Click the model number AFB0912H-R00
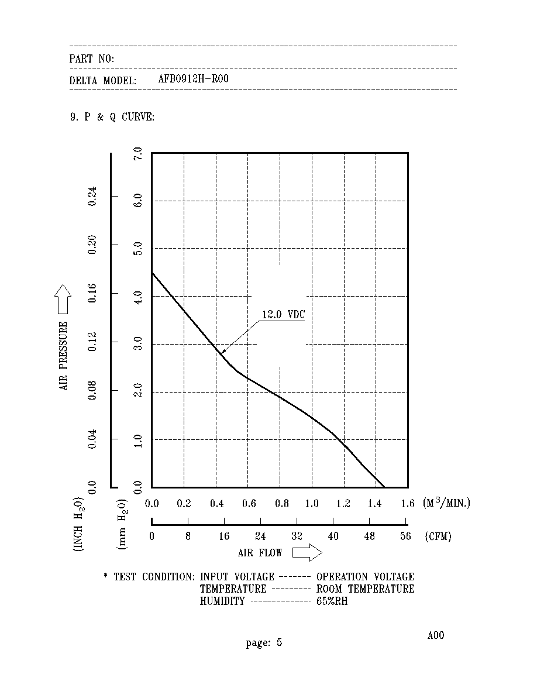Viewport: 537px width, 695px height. (193, 79)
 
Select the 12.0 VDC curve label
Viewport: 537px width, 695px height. (284, 314)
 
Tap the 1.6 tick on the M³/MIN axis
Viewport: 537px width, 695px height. (408, 504)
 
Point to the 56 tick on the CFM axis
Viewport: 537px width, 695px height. (405, 536)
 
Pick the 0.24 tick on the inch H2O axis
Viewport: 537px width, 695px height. (92, 196)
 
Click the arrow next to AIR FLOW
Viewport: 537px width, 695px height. (307, 553)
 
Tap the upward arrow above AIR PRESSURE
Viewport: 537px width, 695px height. (63, 299)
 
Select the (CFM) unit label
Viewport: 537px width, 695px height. (438, 536)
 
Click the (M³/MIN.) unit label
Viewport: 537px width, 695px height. (446, 503)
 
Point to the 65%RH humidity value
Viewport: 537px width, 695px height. (332, 601)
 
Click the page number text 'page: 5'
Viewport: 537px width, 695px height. (264, 643)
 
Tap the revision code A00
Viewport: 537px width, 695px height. (436, 635)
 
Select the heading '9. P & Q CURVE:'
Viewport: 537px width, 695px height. (112, 117)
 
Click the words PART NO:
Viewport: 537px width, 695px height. (92, 59)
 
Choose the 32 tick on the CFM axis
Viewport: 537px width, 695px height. (297, 536)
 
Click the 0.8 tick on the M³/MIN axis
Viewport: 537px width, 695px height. (282, 504)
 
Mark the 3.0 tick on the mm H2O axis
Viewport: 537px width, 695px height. (138, 343)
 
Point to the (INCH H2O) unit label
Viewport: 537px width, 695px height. (78, 524)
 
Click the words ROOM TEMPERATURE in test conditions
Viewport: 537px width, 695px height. (366, 589)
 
